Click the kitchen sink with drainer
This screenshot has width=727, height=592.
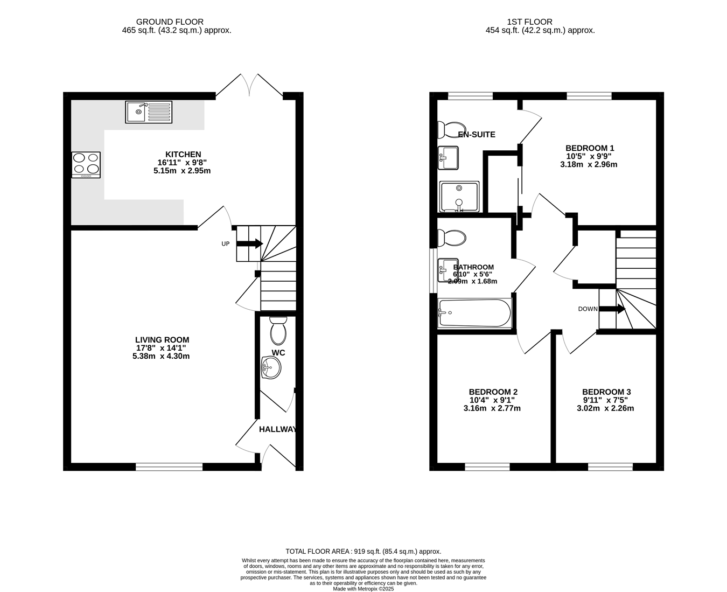(149, 112)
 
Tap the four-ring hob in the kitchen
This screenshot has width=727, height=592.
(86, 165)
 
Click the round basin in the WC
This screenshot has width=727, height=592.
(271, 367)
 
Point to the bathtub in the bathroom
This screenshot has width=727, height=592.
(475, 313)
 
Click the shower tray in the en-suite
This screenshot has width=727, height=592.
(459, 197)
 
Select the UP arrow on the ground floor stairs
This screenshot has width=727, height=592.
(249, 244)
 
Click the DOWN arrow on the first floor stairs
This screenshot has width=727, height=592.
(612, 309)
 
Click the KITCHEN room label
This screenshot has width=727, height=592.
(183, 154)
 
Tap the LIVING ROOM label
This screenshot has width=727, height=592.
(162, 340)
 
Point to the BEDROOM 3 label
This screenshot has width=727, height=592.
(606, 392)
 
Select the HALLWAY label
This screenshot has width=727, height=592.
(278, 429)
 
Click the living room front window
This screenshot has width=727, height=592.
(169, 466)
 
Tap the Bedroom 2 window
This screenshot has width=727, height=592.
(487, 466)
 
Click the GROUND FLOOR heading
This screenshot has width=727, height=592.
(170, 22)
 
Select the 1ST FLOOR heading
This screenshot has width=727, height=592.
(530, 22)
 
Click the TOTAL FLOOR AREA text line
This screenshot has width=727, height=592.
(363, 552)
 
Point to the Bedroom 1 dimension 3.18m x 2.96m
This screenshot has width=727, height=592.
(589, 164)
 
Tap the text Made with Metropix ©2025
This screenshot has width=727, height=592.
(363, 589)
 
